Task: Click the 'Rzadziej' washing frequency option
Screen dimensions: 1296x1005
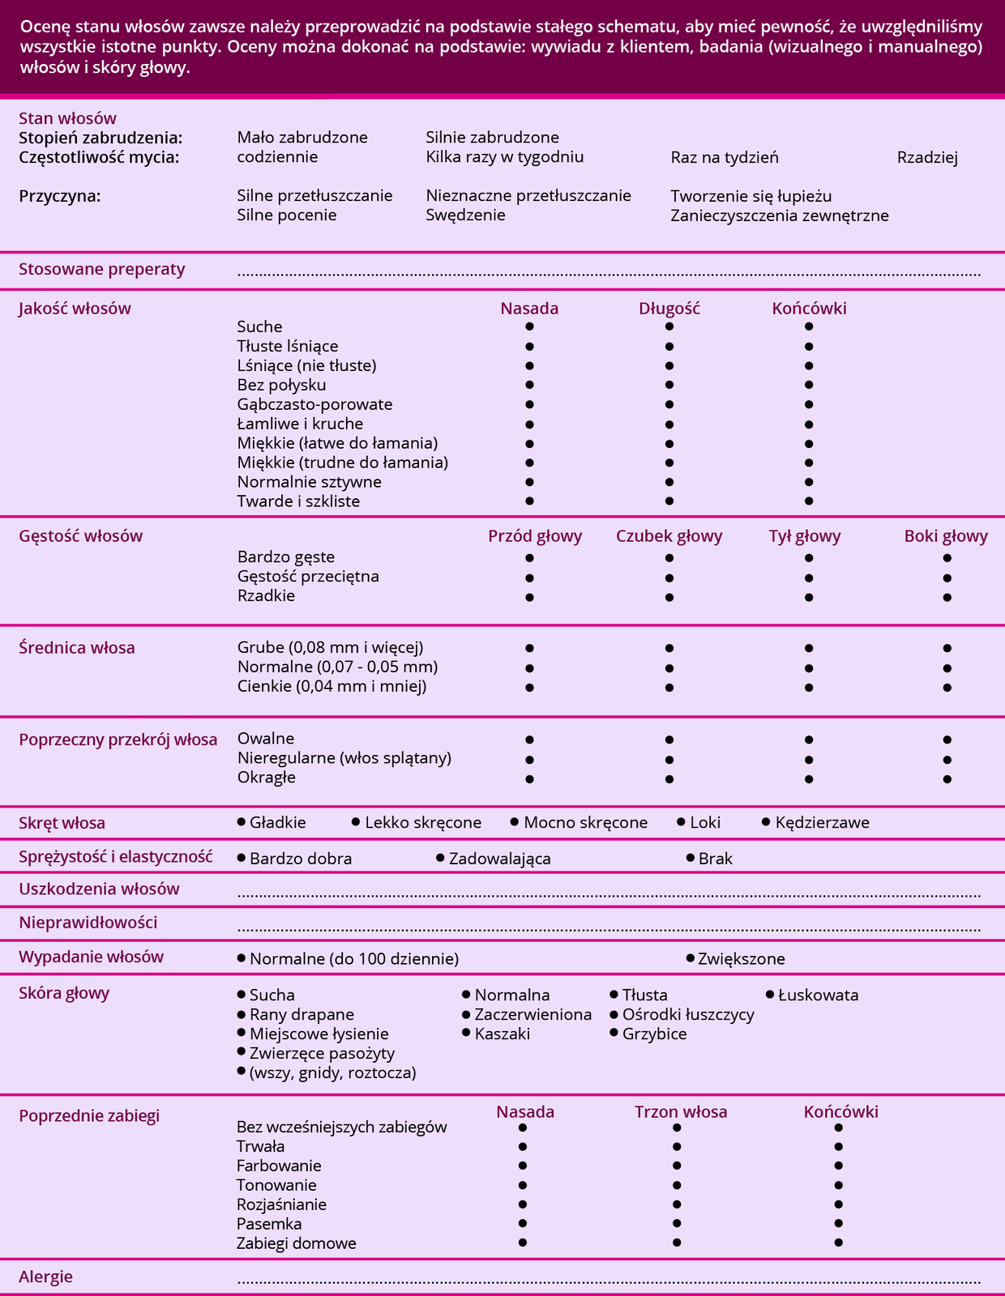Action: [x=927, y=158]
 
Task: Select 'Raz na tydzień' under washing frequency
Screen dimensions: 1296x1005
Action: [x=724, y=158]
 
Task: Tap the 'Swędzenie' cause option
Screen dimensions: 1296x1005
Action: [x=465, y=215]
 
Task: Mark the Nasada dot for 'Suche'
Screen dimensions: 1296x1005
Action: [x=529, y=326]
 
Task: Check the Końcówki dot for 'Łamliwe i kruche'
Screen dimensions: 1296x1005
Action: [x=809, y=424]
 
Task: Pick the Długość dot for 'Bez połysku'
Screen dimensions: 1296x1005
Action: [x=669, y=385]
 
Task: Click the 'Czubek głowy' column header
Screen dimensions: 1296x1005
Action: [x=669, y=536]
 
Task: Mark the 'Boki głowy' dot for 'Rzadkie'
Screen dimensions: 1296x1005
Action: [x=947, y=597]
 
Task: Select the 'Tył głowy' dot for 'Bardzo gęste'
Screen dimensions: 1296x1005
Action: [x=809, y=558]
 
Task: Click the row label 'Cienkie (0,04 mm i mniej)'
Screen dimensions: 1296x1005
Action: [x=331, y=687]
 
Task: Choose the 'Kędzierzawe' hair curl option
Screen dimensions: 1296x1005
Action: [x=822, y=823]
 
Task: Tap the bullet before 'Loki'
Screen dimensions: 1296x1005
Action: [x=682, y=822]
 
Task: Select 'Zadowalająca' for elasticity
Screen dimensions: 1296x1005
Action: [x=499, y=859]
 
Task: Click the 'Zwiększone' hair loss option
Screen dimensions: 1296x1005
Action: [x=741, y=959]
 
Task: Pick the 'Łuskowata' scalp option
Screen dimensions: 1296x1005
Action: [x=817, y=995]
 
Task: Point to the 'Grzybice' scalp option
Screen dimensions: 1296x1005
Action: [x=654, y=1034]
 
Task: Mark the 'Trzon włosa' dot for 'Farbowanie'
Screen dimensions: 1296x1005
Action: [x=677, y=1166]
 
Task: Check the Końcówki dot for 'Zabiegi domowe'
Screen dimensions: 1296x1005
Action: [x=838, y=1243]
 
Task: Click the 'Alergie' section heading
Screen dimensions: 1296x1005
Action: [x=45, y=1277]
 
